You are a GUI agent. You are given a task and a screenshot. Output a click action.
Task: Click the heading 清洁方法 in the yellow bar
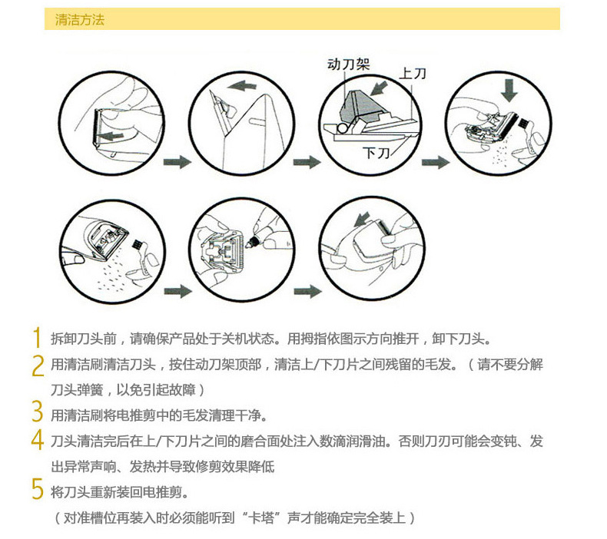click(80, 20)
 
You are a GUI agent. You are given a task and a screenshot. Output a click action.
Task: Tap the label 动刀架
click(348, 64)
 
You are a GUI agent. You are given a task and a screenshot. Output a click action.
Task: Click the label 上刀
click(413, 73)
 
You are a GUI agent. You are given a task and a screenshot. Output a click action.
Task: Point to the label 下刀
click(376, 154)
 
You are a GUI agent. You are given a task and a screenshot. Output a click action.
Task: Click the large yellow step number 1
click(37, 338)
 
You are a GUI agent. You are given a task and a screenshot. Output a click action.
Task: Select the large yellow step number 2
click(38, 365)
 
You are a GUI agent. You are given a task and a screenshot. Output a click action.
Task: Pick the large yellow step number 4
click(37, 439)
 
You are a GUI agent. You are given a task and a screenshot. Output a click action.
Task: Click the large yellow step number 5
click(38, 488)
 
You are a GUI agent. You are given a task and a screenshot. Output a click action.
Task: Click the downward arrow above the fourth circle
click(509, 90)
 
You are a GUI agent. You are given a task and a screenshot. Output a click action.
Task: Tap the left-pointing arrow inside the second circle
click(242, 85)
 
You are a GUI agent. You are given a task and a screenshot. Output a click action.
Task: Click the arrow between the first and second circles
click(177, 162)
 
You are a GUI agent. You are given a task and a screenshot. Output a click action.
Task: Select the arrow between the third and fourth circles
click(436, 162)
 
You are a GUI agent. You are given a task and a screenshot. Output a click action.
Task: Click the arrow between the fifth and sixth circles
click(178, 291)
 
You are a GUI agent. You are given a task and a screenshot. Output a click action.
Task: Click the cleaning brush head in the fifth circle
click(136, 244)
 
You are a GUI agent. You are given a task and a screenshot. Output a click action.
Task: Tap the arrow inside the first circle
click(110, 136)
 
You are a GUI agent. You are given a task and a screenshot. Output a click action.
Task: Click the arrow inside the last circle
click(362, 220)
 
